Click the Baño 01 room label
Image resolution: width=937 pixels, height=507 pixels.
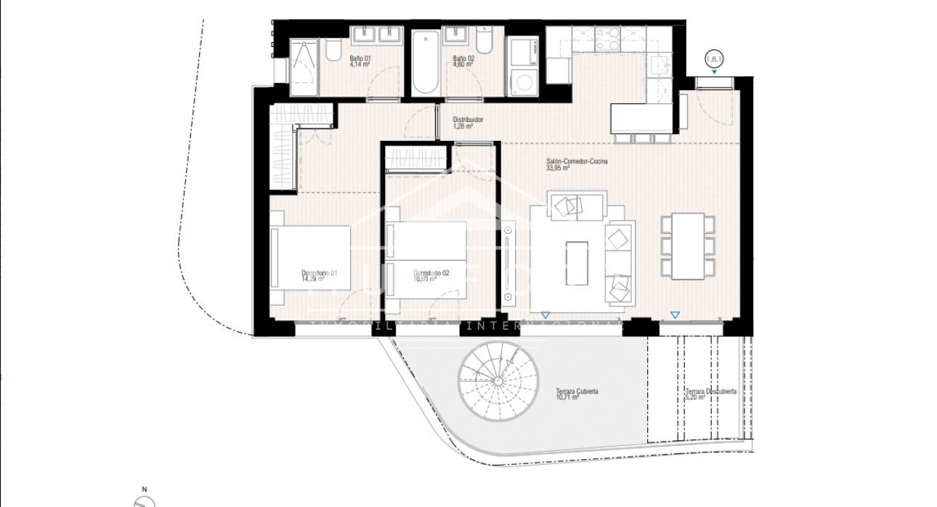(360, 58)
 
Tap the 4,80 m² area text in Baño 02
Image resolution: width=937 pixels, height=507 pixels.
(463, 65)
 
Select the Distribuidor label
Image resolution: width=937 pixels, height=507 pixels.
(468, 120)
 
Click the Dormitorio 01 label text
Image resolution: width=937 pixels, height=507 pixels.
(320, 273)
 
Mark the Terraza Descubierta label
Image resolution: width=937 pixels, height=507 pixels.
(710, 391)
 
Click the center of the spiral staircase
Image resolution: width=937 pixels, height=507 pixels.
(499, 381)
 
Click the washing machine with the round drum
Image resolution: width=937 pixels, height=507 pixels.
(522, 80)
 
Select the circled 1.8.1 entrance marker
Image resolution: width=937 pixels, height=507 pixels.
(715, 60)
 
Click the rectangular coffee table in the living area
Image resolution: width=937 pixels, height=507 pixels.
(578, 264)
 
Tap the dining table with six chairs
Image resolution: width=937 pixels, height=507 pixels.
(688, 246)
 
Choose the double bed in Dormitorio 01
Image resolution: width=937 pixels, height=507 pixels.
(311, 257)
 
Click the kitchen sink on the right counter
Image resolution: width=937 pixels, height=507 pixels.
(660, 66)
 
